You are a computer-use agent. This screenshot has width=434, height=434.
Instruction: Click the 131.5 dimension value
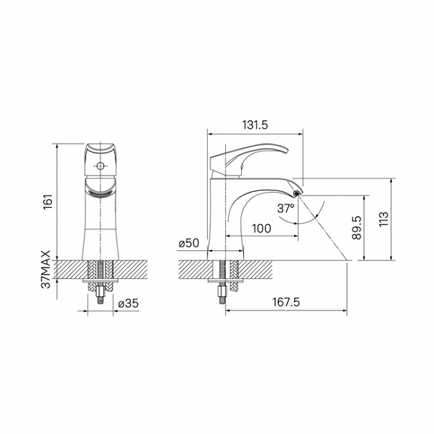tap(255, 125)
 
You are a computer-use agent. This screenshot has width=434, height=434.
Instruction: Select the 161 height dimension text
tap(48, 202)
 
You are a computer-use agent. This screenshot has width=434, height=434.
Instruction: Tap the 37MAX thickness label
tap(46, 270)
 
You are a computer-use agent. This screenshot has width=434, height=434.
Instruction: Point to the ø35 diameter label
tap(128, 304)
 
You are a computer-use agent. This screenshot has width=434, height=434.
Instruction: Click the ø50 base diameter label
tap(189, 243)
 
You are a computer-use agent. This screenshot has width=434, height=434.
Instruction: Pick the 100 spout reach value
tap(262, 228)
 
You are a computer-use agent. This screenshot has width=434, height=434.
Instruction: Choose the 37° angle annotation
tap(286, 208)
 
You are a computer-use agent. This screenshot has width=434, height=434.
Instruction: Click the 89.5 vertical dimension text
tap(357, 228)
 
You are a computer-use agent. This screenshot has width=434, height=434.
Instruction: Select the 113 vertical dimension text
tap(384, 220)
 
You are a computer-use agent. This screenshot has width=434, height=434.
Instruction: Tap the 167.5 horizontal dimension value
tap(286, 302)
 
